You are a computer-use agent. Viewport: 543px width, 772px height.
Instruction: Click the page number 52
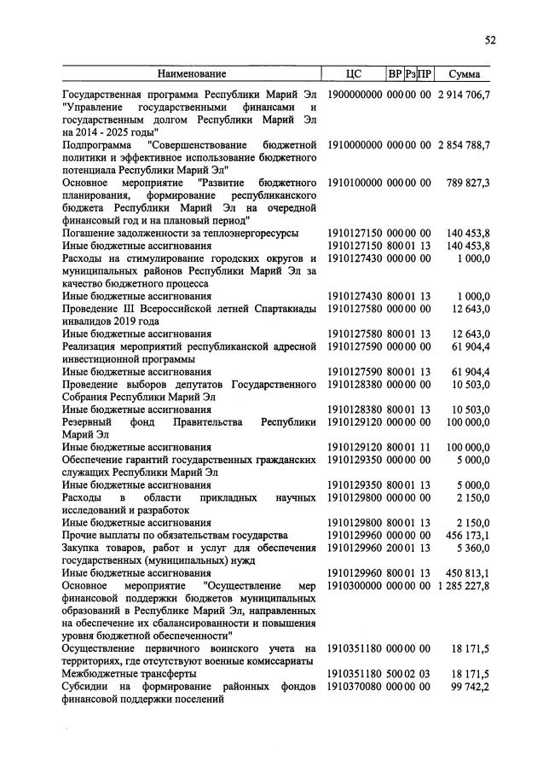point(490,39)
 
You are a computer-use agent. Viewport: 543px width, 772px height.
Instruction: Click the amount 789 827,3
point(470,183)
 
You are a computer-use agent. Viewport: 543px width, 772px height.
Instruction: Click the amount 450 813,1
point(470,573)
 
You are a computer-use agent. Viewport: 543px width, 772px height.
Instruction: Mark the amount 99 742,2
point(471,687)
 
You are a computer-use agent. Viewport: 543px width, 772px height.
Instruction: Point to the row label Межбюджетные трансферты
point(126,674)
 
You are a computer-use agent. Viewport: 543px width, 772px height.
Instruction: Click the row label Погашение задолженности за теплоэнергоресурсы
point(180,233)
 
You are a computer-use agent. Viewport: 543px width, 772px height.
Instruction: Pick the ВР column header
point(395,74)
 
